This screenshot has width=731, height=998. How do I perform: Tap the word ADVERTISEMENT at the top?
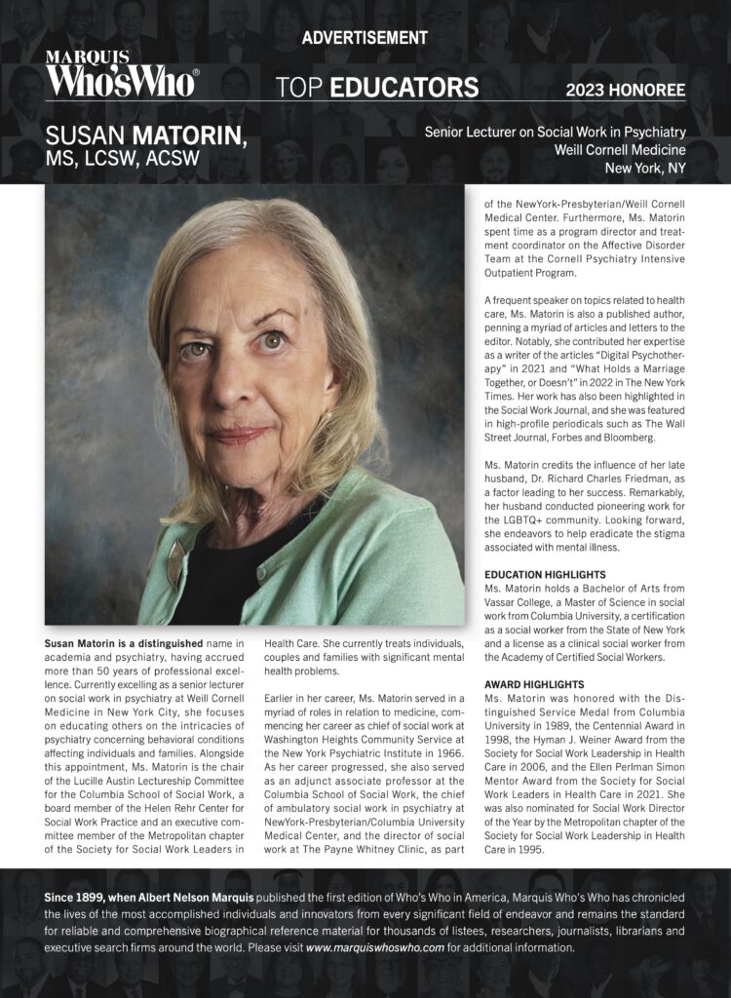365,38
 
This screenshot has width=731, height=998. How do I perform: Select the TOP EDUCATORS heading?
377,88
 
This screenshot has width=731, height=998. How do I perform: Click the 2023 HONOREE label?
626,91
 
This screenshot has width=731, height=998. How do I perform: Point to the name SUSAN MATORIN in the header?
146,135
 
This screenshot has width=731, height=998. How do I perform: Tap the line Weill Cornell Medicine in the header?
620,150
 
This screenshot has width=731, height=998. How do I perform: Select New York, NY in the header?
645,169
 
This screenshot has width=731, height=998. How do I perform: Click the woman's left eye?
272,341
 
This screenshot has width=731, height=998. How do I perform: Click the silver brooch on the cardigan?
174,565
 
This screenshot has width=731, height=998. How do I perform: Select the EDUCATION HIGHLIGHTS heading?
545,575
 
